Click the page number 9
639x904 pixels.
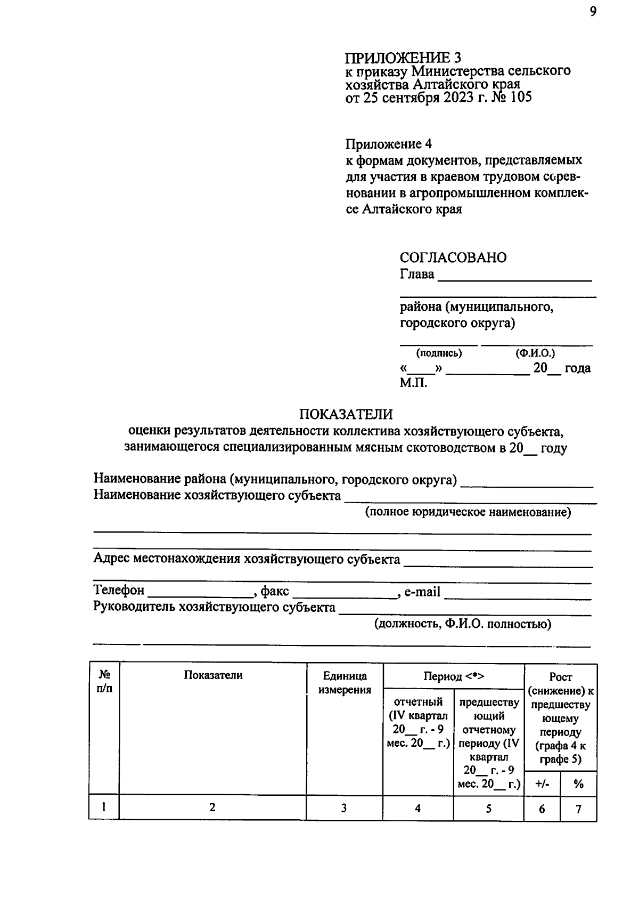click(x=593, y=12)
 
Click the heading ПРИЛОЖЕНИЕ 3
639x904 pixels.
click(x=403, y=58)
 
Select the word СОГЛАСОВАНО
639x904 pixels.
click(x=453, y=257)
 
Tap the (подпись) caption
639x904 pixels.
click(x=439, y=353)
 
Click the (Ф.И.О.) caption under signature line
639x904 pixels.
click(x=535, y=353)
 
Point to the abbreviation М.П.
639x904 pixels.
click(x=413, y=382)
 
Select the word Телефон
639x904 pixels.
click(x=119, y=591)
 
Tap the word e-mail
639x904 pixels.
click(x=422, y=591)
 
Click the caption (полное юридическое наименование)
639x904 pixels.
click(x=468, y=512)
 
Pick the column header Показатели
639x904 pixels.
click(x=213, y=675)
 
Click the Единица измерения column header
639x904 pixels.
click(x=345, y=683)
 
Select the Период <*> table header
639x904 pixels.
click(x=454, y=676)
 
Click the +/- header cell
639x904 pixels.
click(x=542, y=784)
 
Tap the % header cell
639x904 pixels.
click(x=578, y=784)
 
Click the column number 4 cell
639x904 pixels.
click(x=417, y=809)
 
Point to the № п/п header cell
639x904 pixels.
click(x=104, y=681)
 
